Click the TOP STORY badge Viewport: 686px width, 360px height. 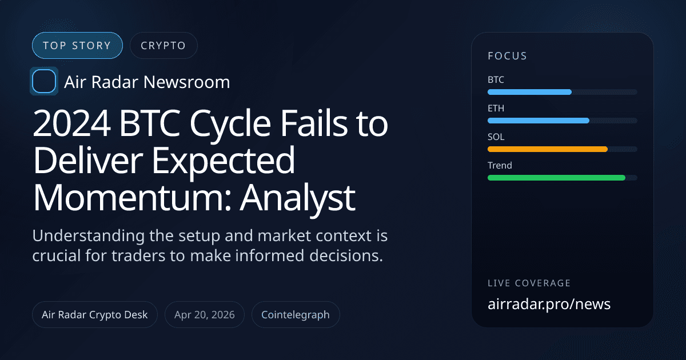click(x=77, y=46)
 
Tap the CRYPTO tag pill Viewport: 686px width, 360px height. click(x=163, y=46)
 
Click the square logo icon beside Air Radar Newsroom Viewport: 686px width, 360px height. click(x=44, y=82)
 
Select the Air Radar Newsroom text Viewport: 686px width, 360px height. click(x=147, y=82)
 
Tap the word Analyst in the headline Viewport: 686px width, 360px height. click(x=297, y=197)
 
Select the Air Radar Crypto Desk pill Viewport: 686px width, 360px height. click(x=95, y=315)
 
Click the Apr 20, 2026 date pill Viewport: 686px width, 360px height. click(x=205, y=315)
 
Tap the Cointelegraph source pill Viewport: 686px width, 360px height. click(x=296, y=315)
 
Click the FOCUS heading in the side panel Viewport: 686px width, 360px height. click(x=507, y=56)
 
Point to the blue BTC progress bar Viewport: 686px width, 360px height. click(x=529, y=92)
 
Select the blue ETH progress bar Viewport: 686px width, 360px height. click(x=538, y=121)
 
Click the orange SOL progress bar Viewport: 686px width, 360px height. click(x=547, y=149)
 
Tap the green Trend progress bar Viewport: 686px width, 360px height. click(x=556, y=178)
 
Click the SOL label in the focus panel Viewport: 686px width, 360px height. click(x=496, y=137)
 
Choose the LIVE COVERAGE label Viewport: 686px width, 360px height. click(x=529, y=283)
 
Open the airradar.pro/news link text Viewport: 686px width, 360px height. click(x=549, y=304)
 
